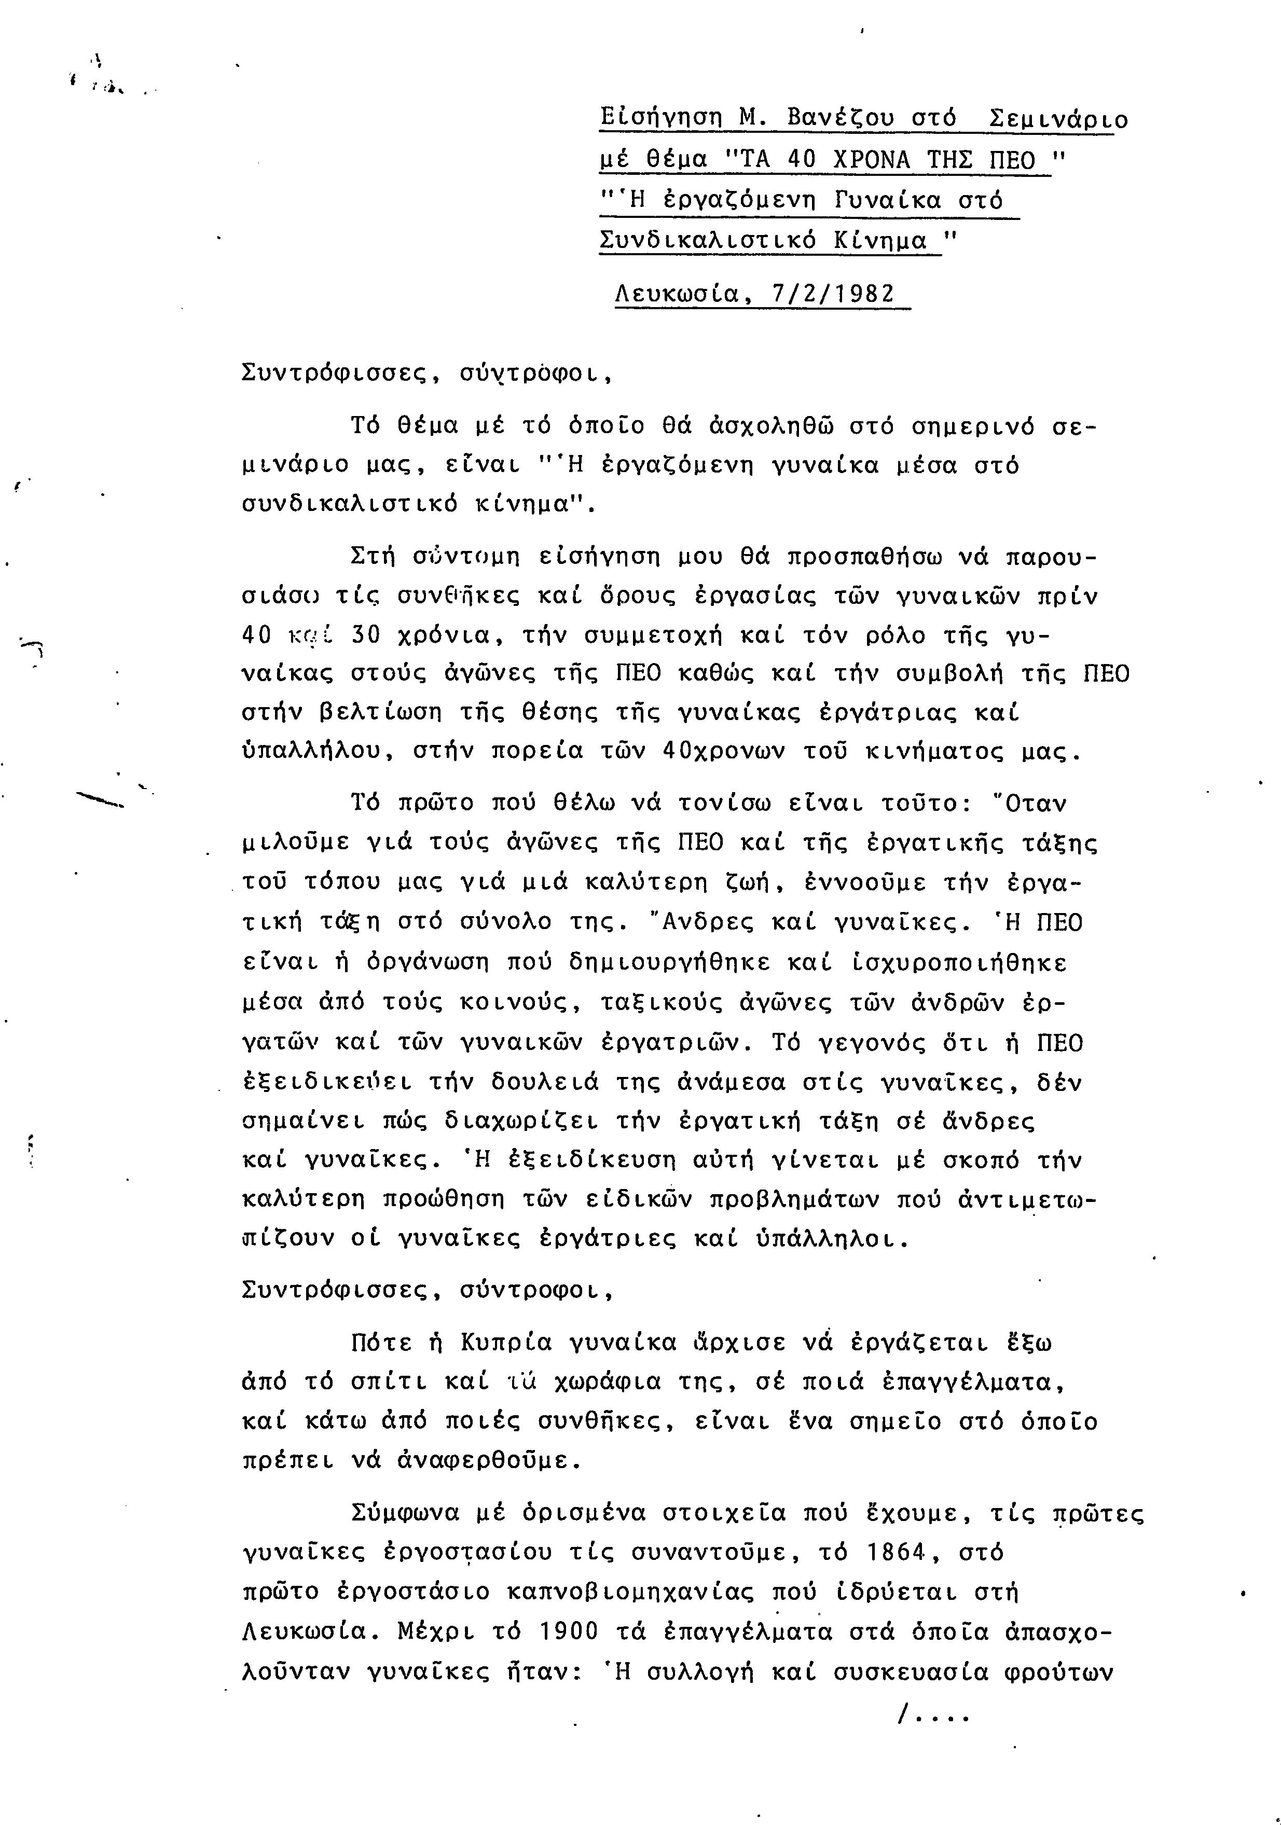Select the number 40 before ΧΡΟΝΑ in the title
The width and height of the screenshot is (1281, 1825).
click(806, 161)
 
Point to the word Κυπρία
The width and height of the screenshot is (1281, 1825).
click(506, 1343)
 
